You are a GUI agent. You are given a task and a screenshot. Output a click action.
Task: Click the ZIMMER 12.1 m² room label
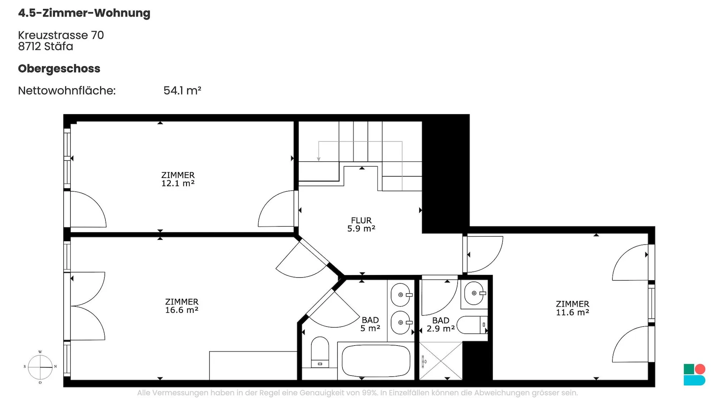pos(178,179)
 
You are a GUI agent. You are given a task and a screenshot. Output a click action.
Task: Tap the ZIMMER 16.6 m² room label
pos(182,306)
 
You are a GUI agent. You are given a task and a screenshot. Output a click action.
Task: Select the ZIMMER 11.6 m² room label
pos(572,308)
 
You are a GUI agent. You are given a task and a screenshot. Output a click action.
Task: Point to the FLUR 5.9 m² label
pos(361,224)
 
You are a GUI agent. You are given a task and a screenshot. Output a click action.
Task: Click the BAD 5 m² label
pos(370,324)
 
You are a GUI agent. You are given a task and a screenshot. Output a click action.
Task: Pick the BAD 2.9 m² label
pos(441,325)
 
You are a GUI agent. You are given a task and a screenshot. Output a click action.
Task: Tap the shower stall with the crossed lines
pos(441,361)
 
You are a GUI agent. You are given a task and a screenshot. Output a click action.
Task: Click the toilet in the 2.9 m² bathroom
pos(472,325)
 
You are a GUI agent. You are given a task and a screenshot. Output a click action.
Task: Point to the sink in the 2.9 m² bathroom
pos(474,293)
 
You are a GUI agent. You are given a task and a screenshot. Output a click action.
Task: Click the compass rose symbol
pos(40,367)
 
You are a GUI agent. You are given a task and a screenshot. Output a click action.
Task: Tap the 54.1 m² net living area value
pos(182,91)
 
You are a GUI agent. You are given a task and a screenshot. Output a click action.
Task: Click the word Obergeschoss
pos(59,69)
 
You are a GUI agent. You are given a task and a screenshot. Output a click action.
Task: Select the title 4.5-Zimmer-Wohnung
pos(84,13)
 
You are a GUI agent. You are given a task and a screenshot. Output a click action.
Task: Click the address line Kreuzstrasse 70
pos(61,35)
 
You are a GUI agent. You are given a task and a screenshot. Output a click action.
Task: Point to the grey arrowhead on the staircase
pos(319,159)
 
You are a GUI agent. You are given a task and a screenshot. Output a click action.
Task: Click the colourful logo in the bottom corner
pos(695,375)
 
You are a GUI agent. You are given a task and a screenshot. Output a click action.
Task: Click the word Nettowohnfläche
pos(67,91)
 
